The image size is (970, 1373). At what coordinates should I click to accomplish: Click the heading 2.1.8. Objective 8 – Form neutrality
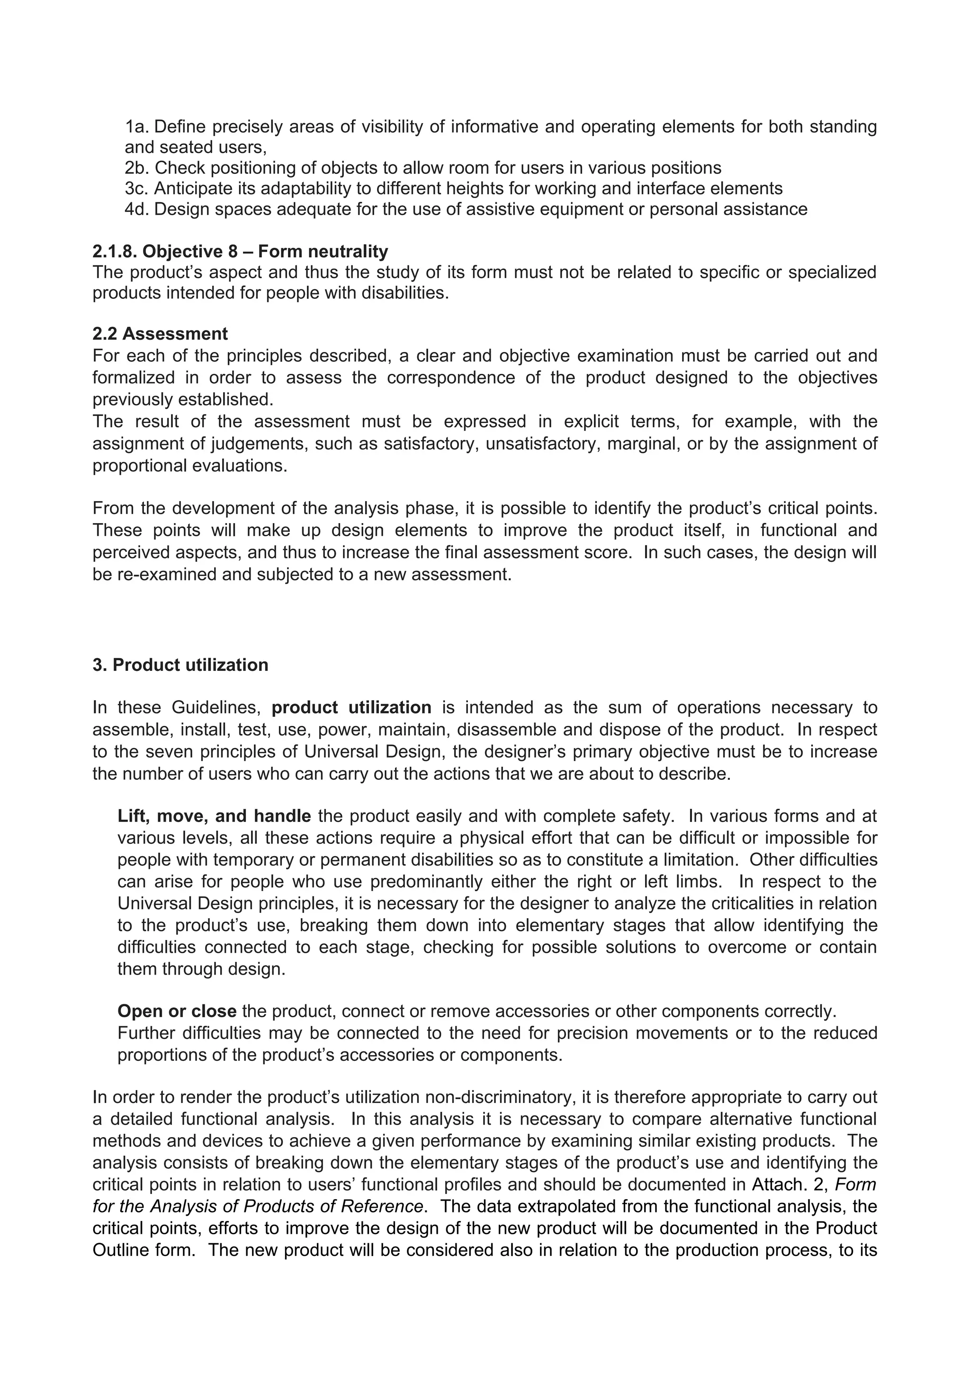pos(240,251)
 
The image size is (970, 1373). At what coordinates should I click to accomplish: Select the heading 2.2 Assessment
pos(160,334)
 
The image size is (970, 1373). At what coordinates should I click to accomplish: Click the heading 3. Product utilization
pos(180,665)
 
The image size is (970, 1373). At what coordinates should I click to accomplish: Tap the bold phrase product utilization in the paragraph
pos(351,707)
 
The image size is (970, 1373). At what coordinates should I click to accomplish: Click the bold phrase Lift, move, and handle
pos(214,816)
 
